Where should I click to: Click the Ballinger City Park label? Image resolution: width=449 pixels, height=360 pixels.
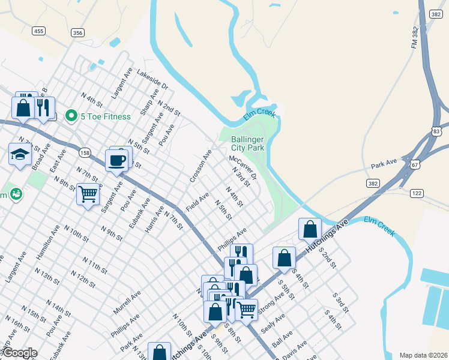248,143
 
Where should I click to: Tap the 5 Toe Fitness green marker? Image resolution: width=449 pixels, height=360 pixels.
71,116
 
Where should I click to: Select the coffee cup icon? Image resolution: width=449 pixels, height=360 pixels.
116,160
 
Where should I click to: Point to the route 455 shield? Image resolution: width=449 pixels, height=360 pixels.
38,31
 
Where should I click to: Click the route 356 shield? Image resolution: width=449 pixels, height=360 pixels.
77,33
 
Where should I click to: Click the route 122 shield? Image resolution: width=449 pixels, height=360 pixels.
417,193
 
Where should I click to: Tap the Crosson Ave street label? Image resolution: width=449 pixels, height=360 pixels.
200,167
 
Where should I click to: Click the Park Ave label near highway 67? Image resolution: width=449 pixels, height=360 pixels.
384,163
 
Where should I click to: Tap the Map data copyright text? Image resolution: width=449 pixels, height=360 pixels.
423,355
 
